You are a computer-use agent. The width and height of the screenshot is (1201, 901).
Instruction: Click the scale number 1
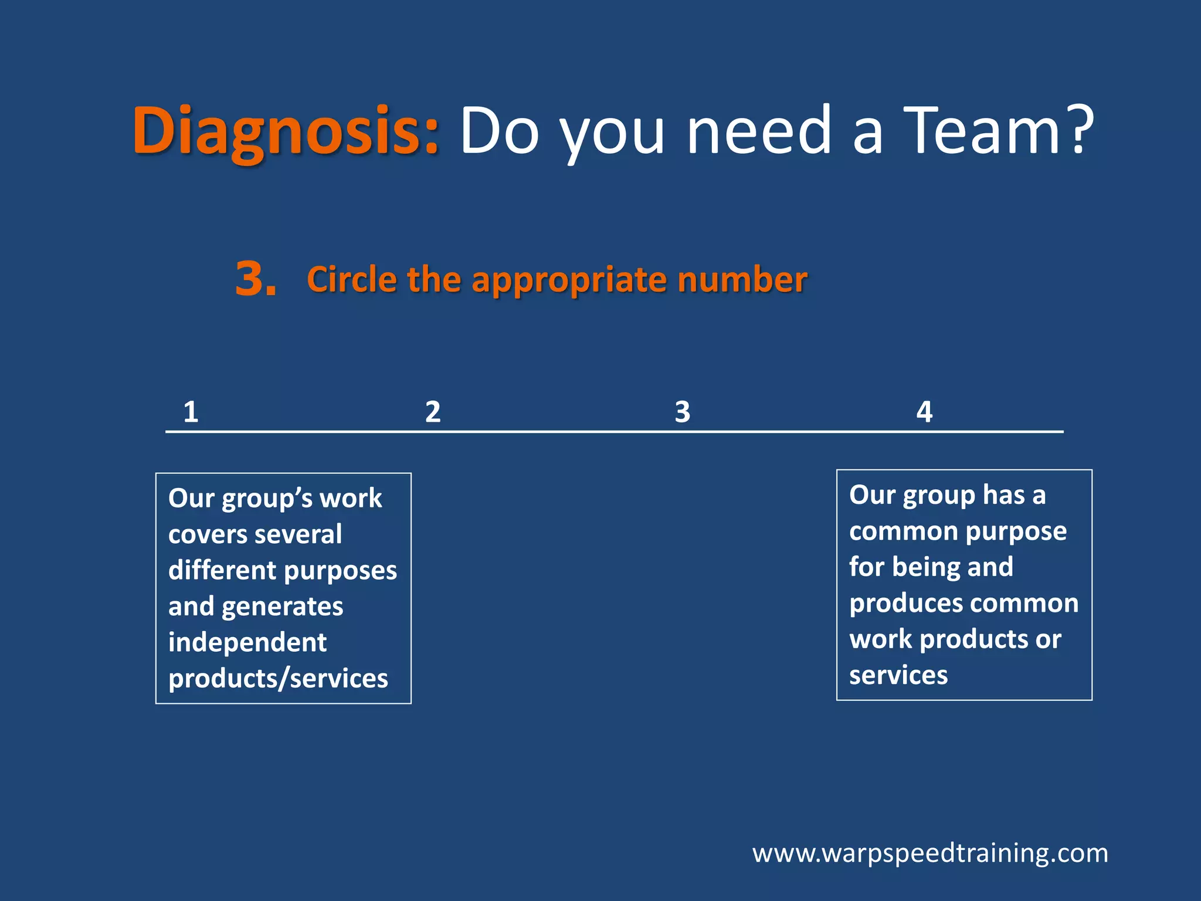[191, 412]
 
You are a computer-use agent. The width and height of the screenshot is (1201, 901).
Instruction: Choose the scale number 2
[433, 412]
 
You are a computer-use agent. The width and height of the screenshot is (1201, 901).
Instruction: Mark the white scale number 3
[682, 412]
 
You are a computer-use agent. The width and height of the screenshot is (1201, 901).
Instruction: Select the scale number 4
[924, 412]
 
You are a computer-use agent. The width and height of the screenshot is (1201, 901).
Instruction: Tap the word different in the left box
[222, 570]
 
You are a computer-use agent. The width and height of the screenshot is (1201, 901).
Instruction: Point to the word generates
[282, 607]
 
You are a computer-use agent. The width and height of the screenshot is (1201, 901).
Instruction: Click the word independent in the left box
[247, 642]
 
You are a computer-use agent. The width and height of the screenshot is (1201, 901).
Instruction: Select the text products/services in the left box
[278, 679]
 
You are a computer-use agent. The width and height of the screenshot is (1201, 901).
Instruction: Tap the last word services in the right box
[898, 675]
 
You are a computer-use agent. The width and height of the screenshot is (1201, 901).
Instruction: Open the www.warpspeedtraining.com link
[930, 853]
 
